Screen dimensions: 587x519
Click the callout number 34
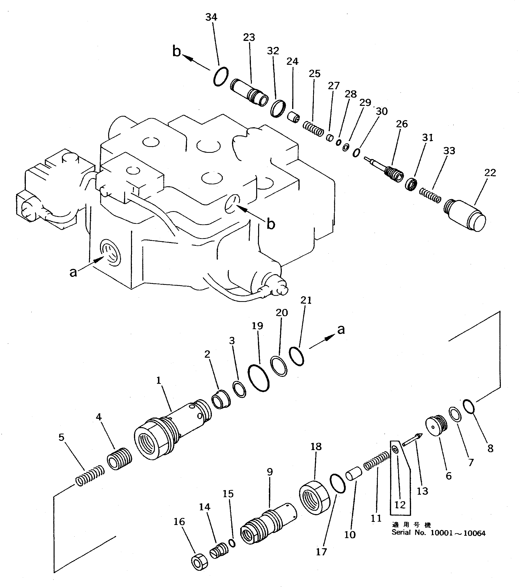(x=211, y=18)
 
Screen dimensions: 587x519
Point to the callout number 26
(x=402, y=124)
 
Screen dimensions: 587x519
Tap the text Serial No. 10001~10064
(x=438, y=533)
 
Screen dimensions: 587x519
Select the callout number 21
(x=306, y=300)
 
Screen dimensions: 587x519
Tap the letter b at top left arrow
(x=177, y=51)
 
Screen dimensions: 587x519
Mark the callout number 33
(x=449, y=151)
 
